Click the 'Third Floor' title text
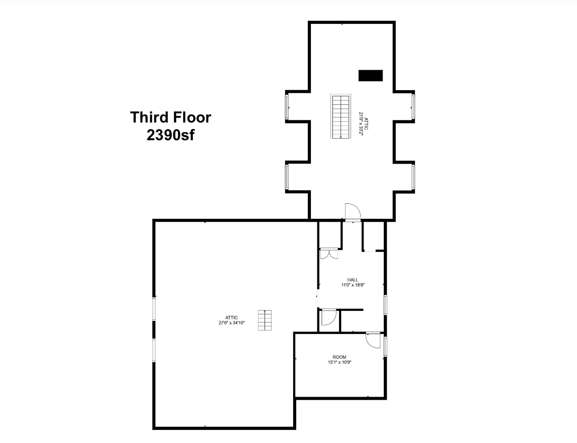(171, 117)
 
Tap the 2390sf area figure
(171, 135)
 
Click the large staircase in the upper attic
(341, 116)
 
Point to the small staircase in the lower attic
(265, 320)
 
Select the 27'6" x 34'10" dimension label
(232, 323)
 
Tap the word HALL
(353, 280)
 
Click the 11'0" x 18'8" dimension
(353, 285)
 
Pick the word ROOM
(340, 357)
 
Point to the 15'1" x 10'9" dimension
(340, 362)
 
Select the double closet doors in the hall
(329, 254)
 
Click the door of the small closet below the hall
(329, 317)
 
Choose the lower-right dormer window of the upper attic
(413, 177)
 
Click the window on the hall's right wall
(385, 305)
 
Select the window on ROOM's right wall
(385, 346)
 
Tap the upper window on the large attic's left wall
(154, 309)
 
